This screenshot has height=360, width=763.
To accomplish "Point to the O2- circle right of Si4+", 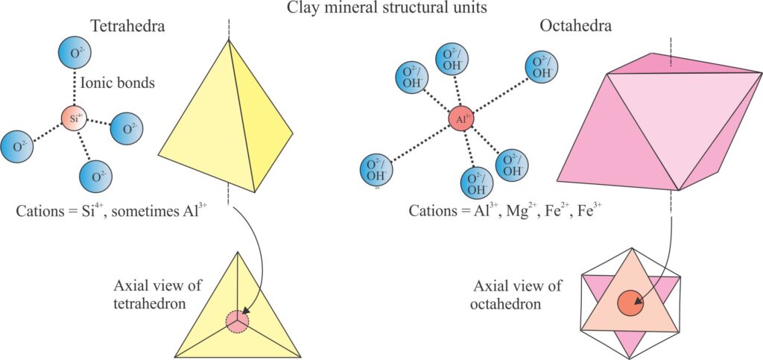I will point(126,129).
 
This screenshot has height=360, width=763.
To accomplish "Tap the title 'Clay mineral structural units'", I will point(382,9).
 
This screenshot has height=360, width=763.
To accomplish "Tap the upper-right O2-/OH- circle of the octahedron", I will point(542,67).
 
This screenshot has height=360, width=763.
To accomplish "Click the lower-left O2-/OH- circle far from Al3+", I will point(376,170).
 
